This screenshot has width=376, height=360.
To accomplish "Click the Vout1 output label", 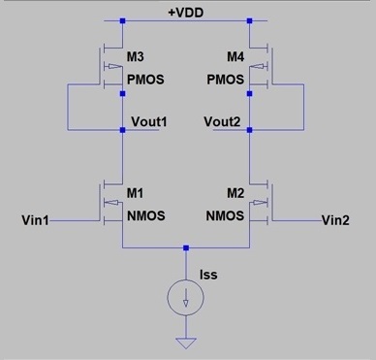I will [148, 122].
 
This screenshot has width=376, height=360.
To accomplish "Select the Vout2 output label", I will [223, 122].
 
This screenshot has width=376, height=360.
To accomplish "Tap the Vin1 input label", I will [36, 220].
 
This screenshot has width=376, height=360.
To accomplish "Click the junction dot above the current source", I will [186, 248].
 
